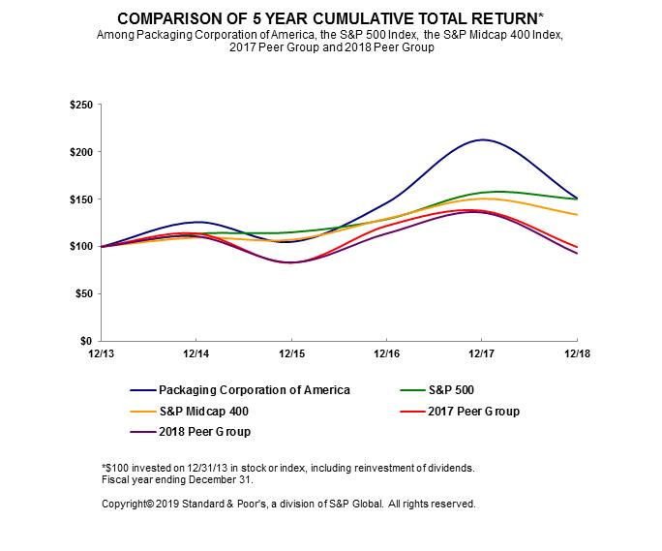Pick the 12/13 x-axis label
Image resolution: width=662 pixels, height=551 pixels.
point(100,354)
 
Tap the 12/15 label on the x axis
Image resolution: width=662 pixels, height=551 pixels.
point(290,354)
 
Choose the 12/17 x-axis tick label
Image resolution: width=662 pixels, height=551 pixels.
point(481,354)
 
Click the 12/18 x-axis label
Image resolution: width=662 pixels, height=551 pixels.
point(577,354)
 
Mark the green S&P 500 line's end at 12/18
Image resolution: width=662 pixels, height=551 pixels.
point(577,199)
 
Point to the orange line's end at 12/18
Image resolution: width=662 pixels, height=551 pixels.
point(577,215)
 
